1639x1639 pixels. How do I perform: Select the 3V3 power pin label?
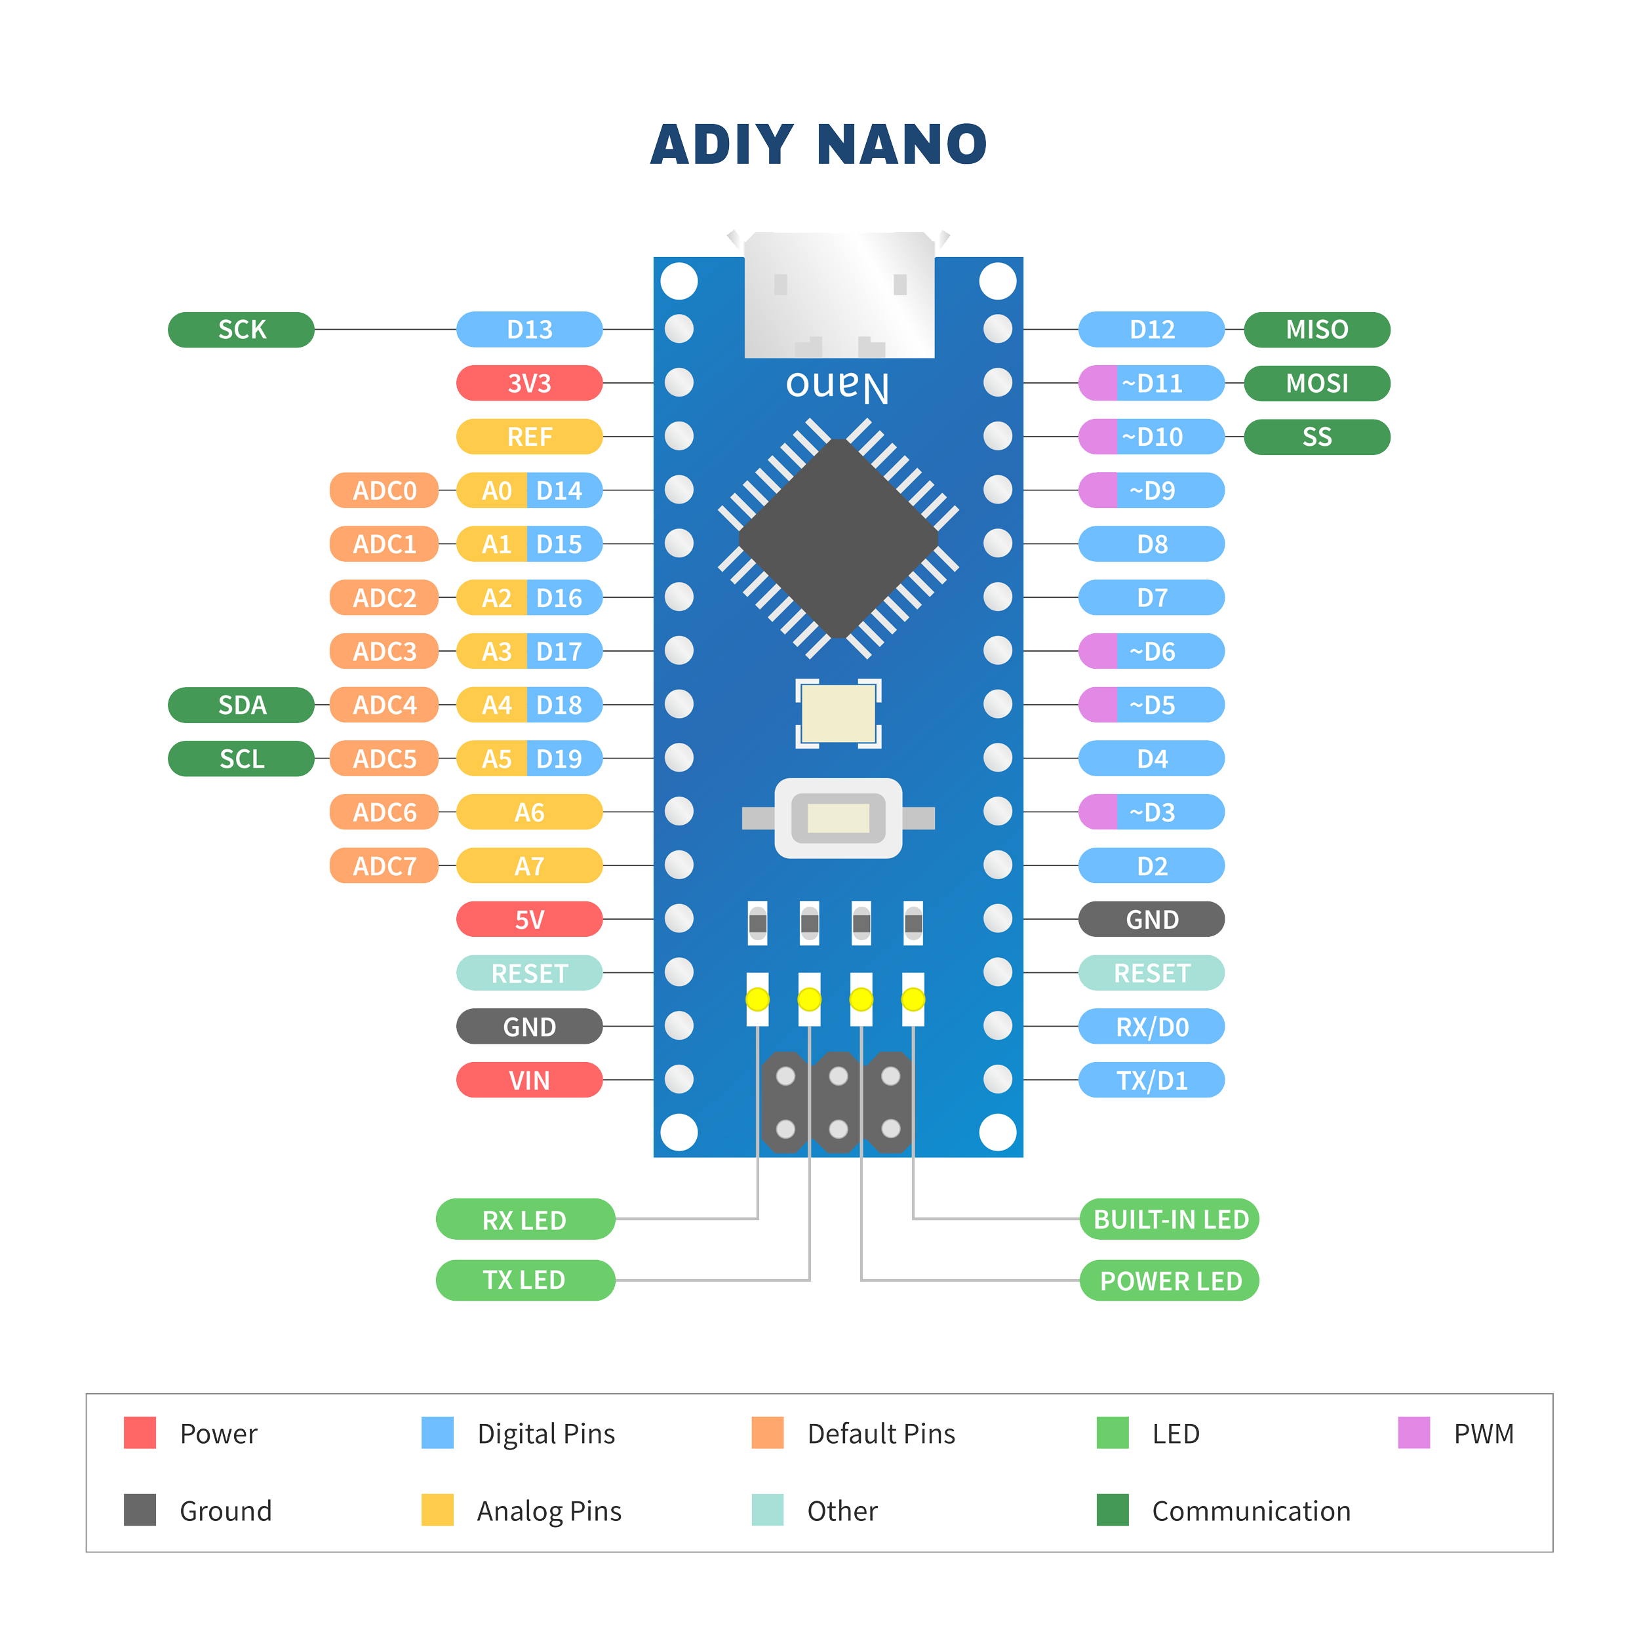(528, 384)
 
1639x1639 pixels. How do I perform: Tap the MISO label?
(1316, 329)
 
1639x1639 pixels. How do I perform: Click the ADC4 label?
(384, 705)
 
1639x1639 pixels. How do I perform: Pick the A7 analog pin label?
(528, 866)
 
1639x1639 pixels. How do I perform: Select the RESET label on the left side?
(528, 973)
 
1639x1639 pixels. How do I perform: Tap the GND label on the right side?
(1151, 920)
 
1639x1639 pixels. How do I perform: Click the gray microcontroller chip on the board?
(838, 539)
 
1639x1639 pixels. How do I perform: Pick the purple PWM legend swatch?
(1413, 1433)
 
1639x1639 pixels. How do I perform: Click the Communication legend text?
(1250, 1511)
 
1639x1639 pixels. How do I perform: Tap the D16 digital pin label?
(560, 598)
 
